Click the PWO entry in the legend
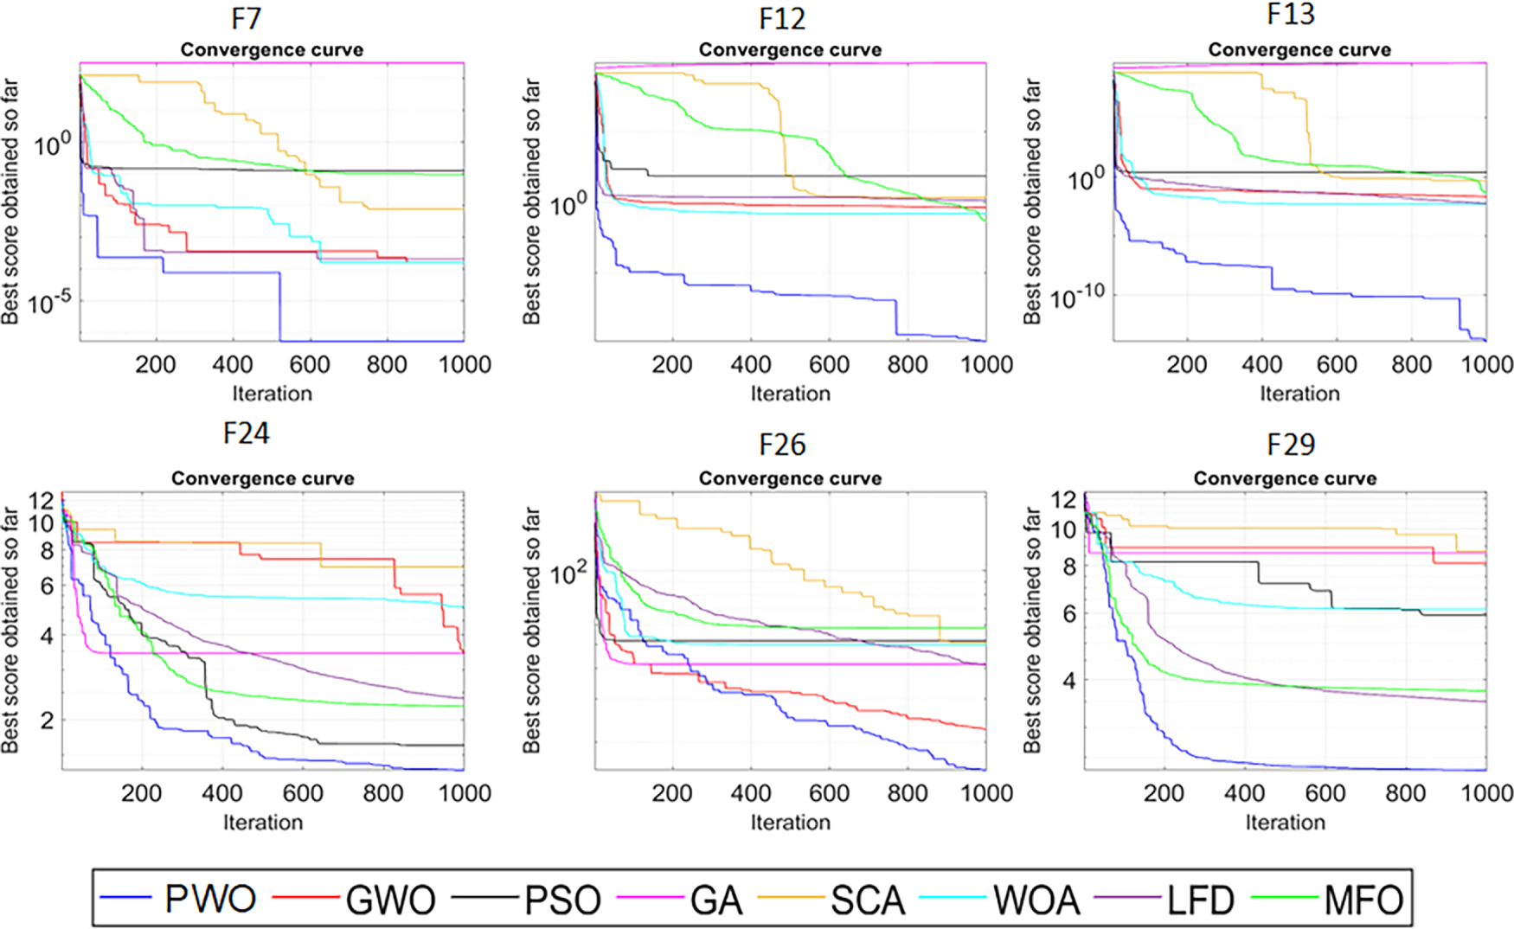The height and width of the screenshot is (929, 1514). (x=210, y=900)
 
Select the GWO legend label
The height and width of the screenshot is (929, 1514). (x=390, y=900)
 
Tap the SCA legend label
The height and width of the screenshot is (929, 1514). (x=868, y=900)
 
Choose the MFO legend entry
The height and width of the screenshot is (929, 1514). (x=1363, y=900)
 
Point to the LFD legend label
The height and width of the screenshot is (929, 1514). (x=1199, y=900)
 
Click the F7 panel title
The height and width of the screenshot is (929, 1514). (x=247, y=18)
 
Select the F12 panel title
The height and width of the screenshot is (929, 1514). (x=782, y=18)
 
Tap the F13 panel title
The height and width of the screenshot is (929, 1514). (x=1291, y=14)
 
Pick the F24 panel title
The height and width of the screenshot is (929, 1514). (x=247, y=432)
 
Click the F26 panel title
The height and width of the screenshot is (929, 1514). (x=782, y=445)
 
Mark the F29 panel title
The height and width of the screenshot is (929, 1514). (x=1291, y=445)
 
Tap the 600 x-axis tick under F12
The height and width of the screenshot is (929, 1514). (x=829, y=364)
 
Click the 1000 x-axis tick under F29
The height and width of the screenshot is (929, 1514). (x=1487, y=792)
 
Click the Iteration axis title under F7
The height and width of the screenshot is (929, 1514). (x=272, y=394)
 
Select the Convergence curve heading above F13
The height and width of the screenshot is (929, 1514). (x=1299, y=50)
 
